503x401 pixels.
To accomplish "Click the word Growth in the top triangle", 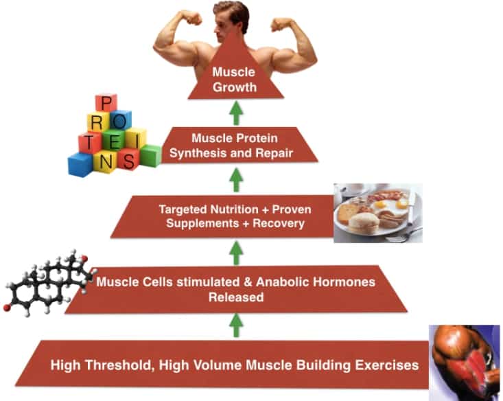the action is point(235,87).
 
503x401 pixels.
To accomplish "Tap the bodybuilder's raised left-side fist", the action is point(191,18).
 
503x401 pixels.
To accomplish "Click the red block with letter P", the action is point(106,104).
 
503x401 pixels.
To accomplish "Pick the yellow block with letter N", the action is point(104,162).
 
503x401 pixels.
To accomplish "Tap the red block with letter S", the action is point(128,159).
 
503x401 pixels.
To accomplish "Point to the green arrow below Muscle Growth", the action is point(237,113).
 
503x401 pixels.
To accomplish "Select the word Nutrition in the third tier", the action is point(234,209).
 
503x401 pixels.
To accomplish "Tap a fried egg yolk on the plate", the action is point(381,203).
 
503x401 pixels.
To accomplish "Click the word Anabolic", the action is point(281,282).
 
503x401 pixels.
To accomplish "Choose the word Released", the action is point(236,297).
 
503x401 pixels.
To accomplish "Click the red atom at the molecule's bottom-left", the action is point(6,308).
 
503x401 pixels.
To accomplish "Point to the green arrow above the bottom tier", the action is point(237,325).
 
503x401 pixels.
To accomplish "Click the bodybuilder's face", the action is point(227,24).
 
